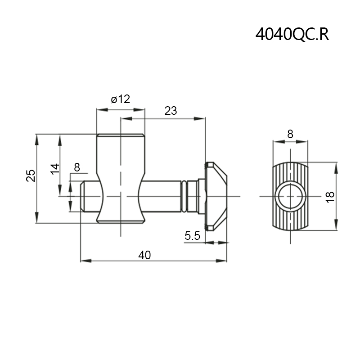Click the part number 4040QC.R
[292, 35]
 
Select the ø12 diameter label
[121, 99]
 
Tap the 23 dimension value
[171, 111]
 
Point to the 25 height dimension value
[31, 175]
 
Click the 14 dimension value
[55, 169]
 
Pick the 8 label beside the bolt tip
[77, 167]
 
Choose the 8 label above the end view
[290, 134]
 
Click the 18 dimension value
[330, 197]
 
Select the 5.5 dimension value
[193, 236]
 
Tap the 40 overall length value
[144, 255]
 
